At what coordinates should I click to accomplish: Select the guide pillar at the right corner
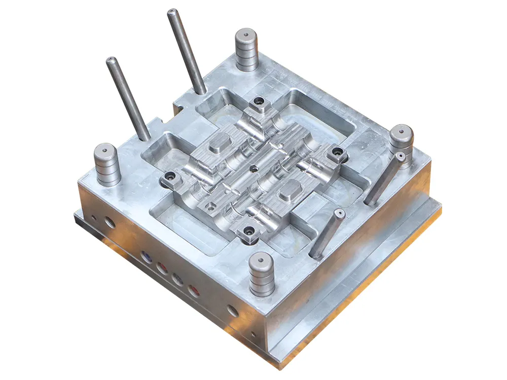[401, 139]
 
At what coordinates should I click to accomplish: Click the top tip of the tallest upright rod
[172, 11]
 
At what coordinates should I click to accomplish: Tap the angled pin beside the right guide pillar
[385, 177]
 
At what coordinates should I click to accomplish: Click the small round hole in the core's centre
[252, 167]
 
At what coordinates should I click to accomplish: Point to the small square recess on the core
[210, 205]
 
